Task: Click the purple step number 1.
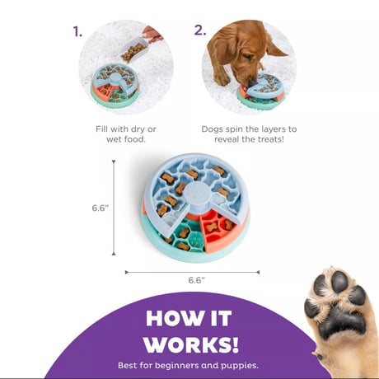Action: pyautogui.click(x=77, y=32)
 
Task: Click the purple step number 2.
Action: pyautogui.click(x=200, y=30)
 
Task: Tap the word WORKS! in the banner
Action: pyautogui.click(x=191, y=344)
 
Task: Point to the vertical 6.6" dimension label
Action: pyautogui.click(x=101, y=208)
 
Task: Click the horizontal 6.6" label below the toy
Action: pyautogui.click(x=197, y=280)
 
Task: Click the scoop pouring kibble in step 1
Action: pyautogui.click(x=134, y=50)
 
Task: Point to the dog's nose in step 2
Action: pyautogui.click(x=252, y=82)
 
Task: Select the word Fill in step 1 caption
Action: pyautogui.click(x=101, y=129)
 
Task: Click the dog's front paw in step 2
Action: pyautogui.click(x=222, y=79)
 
